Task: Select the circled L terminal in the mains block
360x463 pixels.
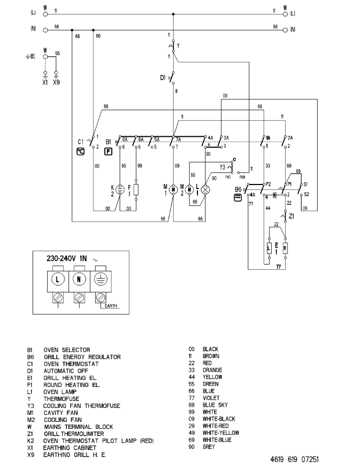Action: click(x=59, y=280)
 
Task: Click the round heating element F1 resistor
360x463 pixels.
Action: click(x=136, y=189)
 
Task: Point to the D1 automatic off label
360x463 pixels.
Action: click(x=163, y=77)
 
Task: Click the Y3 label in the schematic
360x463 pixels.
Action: click(x=222, y=168)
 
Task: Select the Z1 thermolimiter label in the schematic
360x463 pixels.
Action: click(x=291, y=216)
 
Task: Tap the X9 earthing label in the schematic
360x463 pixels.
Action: click(x=56, y=82)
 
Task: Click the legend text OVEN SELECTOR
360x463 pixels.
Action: click(x=67, y=349)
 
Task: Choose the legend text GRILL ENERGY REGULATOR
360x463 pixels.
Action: click(x=82, y=356)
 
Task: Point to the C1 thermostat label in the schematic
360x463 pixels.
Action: click(x=81, y=142)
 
